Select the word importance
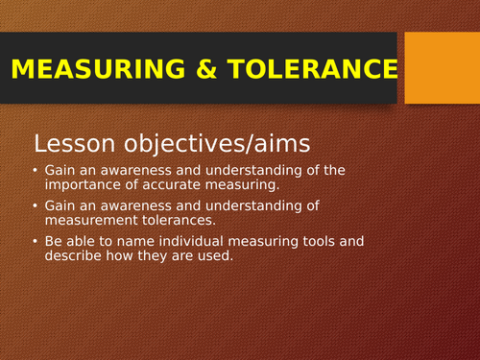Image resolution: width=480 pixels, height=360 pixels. click(x=86, y=184)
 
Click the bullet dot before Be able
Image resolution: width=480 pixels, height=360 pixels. click(x=36, y=240)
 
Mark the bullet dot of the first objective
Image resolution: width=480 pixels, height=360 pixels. click(x=36, y=171)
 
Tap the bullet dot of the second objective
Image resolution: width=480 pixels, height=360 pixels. click(x=36, y=205)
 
